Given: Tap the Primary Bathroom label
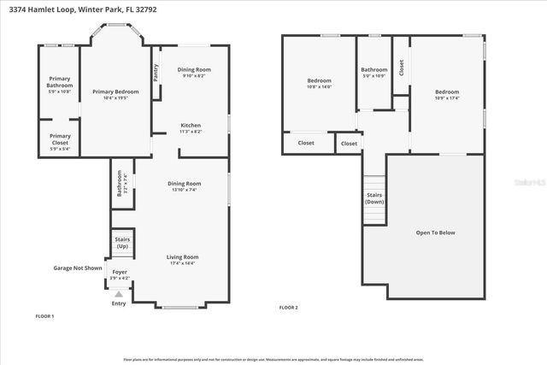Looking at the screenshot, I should pyautogui.click(x=60, y=84).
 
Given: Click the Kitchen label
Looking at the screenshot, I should pyautogui.click(x=191, y=127).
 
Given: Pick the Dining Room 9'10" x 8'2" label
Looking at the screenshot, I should pyautogui.click(x=193, y=72).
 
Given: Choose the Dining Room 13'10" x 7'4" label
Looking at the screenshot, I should pyautogui.click(x=184, y=185).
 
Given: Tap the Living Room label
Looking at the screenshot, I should pyautogui.click(x=183, y=259).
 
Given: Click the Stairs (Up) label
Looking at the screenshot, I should pyautogui.click(x=121, y=243).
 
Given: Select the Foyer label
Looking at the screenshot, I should pyautogui.click(x=120, y=274).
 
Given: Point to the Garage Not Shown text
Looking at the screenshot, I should pyautogui.click(x=78, y=268).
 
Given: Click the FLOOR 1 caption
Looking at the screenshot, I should pyautogui.click(x=44, y=316).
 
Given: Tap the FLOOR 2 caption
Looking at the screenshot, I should pyautogui.click(x=289, y=307).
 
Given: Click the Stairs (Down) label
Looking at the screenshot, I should pyautogui.click(x=374, y=198).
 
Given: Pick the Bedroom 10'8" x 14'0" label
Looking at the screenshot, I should pyautogui.click(x=319, y=84).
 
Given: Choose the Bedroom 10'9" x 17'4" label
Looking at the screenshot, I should pyautogui.click(x=446, y=94).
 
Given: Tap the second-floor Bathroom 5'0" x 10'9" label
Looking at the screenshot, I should pyautogui.click(x=373, y=73).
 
